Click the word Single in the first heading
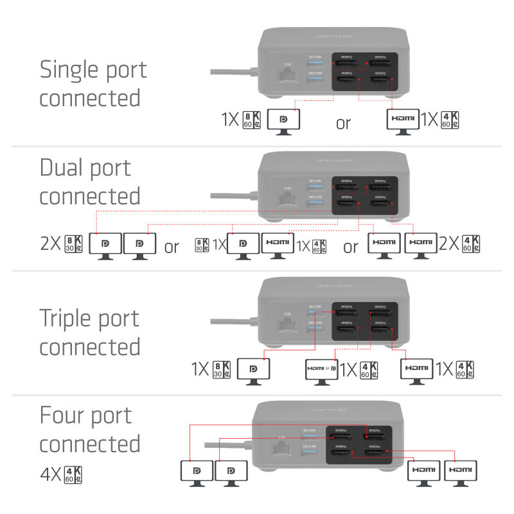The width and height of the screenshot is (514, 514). click(x=68, y=69)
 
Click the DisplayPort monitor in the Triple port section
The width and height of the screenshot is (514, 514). click(x=254, y=371)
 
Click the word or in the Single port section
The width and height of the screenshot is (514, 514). click(x=344, y=122)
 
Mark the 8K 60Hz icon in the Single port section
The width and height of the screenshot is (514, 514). click(x=252, y=120)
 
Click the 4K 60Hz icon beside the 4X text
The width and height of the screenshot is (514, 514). click(x=74, y=475)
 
